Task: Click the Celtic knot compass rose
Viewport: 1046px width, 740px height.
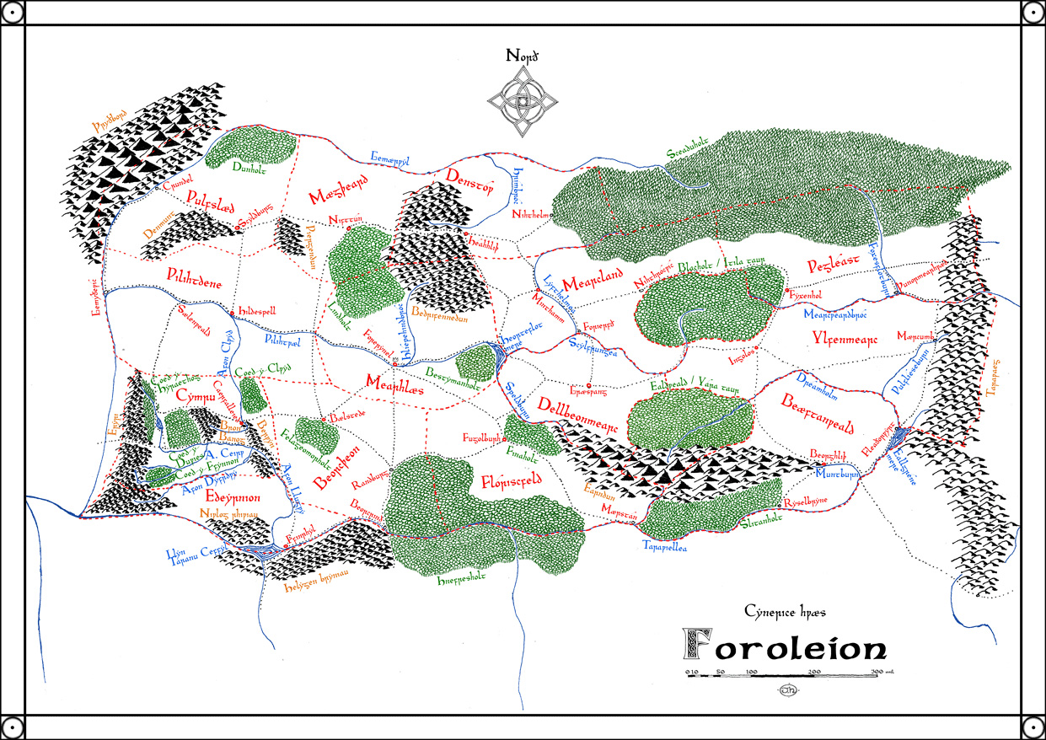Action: (522, 102)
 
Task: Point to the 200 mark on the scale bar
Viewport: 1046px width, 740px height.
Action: (815, 672)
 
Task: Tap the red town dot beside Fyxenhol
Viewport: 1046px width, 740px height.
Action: (786, 292)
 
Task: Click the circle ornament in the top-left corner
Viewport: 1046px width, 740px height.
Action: (13, 13)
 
